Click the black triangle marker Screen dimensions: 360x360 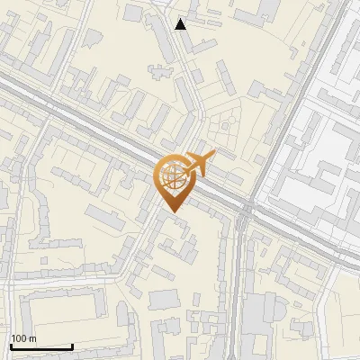[x=181, y=23]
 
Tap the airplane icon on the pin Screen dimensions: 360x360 [x=199, y=163]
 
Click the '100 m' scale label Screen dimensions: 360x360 [x=24, y=338]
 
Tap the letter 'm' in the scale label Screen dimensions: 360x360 [x=32, y=338]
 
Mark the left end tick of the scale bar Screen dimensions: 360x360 [x=10, y=346]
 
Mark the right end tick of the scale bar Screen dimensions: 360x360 [x=72, y=346]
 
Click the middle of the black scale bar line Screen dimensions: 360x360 [x=40, y=346]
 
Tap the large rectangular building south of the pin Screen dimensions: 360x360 [x=165, y=299]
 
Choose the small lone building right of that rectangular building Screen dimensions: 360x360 [x=196, y=298]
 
